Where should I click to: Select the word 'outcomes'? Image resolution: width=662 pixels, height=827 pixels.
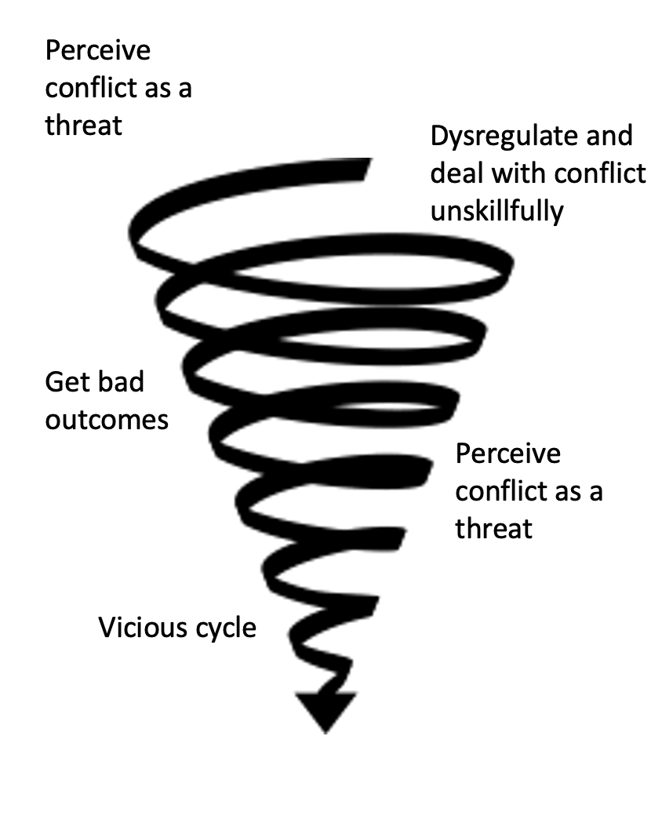pos(107,421)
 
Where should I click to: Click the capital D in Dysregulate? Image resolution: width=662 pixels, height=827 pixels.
pos(440,136)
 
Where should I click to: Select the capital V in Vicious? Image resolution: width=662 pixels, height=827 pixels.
pos(107,628)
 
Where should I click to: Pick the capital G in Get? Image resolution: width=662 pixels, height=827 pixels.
pos(54,382)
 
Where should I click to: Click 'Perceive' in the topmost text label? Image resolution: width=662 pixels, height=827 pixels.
pos(98,51)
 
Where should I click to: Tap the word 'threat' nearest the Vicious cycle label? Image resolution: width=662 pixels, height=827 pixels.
pos(494,529)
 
